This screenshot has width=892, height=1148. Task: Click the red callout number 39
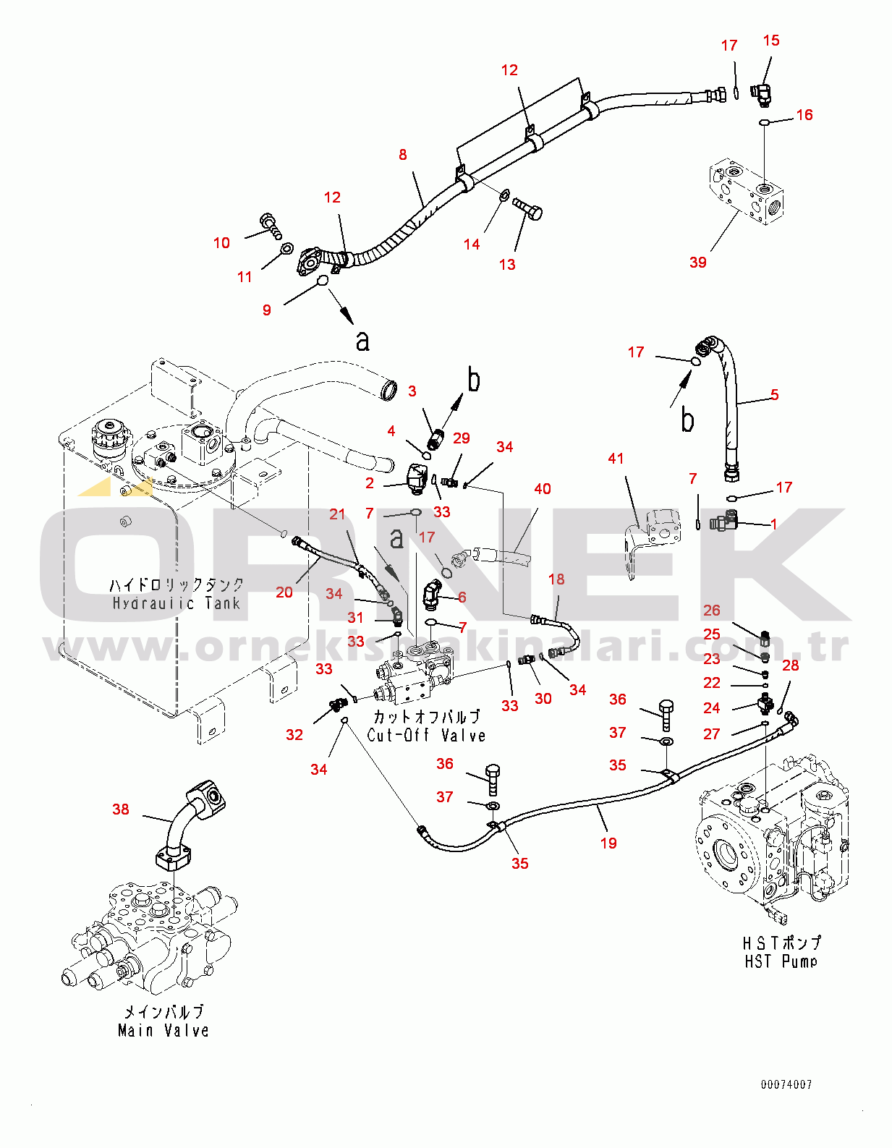[697, 262]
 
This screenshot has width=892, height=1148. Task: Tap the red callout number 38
[121, 809]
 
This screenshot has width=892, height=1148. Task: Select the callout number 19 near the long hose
[608, 843]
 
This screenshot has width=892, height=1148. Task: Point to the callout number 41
[616, 458]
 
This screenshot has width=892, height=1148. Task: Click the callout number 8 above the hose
[403, 154]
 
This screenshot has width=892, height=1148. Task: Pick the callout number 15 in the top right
[771, 41]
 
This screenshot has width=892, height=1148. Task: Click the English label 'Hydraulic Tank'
[176, 603]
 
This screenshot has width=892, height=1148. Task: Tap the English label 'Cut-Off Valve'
[426, 735]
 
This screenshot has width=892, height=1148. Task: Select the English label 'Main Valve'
[163, 1030]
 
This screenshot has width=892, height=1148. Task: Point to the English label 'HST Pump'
[781, 961]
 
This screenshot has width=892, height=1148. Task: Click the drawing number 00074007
[786, 1084]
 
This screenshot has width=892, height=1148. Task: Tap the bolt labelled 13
[528, 209]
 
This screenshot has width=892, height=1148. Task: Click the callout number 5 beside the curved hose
[774, 394]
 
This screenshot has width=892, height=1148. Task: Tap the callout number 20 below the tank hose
[284, 592]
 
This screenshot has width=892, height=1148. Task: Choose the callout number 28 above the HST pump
[791, 665]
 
